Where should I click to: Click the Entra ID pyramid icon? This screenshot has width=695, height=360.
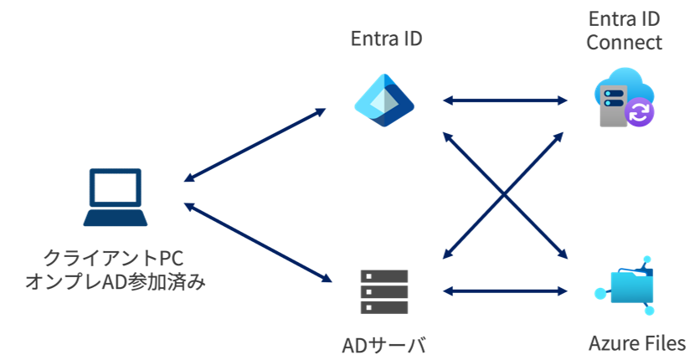[x=384, y=100]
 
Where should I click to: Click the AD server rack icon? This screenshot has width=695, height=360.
[x=384, y=291]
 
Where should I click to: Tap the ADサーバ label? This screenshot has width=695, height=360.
[x=384, y=344]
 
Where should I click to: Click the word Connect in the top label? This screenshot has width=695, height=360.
[x=624, y=42]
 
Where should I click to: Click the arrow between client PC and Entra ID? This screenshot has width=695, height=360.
[x=255, y=144]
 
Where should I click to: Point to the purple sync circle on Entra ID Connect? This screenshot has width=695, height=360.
[x=641, y=112]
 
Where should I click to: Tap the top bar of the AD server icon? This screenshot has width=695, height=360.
[x=384, y=275]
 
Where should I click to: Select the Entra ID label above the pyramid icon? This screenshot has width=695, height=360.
[x=384, y=40]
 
